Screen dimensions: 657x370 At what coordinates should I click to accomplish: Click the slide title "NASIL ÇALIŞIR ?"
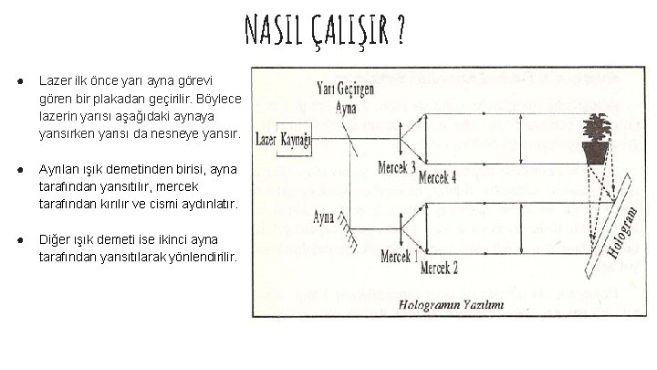click(x=325, y=34)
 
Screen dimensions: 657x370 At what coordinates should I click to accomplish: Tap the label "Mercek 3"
click(x=396, y=167)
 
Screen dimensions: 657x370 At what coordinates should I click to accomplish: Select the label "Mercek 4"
click(x=438, y=178)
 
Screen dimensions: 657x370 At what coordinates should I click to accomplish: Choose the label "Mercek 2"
click(x=439, y=267)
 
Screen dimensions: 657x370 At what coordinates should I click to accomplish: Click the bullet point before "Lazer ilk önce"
click(x=19, y=81)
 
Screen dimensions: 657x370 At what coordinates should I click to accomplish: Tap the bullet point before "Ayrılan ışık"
click(x=19, y=170)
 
